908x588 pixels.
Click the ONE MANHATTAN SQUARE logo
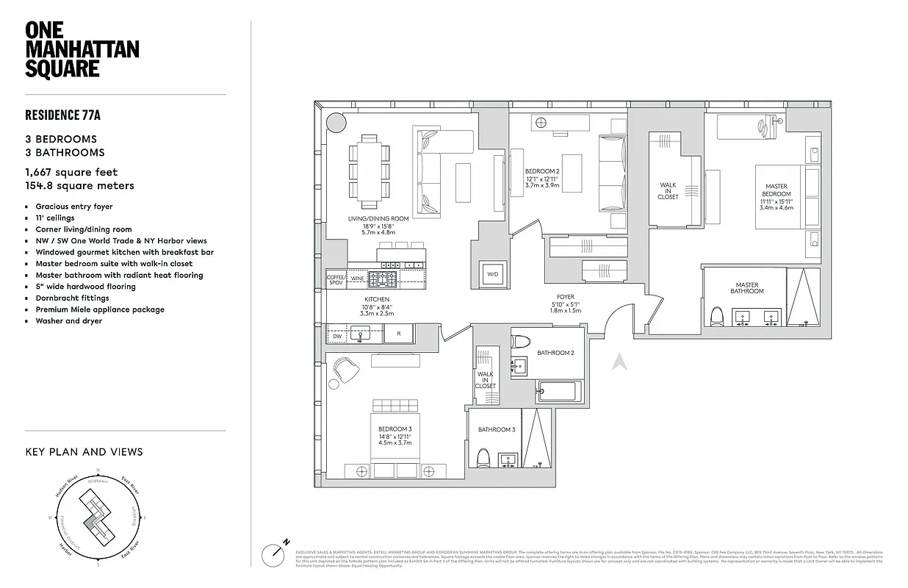tap(82, 49)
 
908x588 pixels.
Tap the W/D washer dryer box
tap(491, 274)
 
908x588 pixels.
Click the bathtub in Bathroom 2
tap(559, 392)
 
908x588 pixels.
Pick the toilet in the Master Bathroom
tap(718, 316)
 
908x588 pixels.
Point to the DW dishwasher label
tap(337, 337)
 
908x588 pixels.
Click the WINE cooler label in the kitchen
tap(358, 279)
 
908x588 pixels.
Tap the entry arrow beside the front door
tap(619, 362)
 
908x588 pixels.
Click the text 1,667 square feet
tap(71, 173)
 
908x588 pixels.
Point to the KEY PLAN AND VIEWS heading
tap(84, 452)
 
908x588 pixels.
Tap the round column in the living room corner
tap(335, 122)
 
